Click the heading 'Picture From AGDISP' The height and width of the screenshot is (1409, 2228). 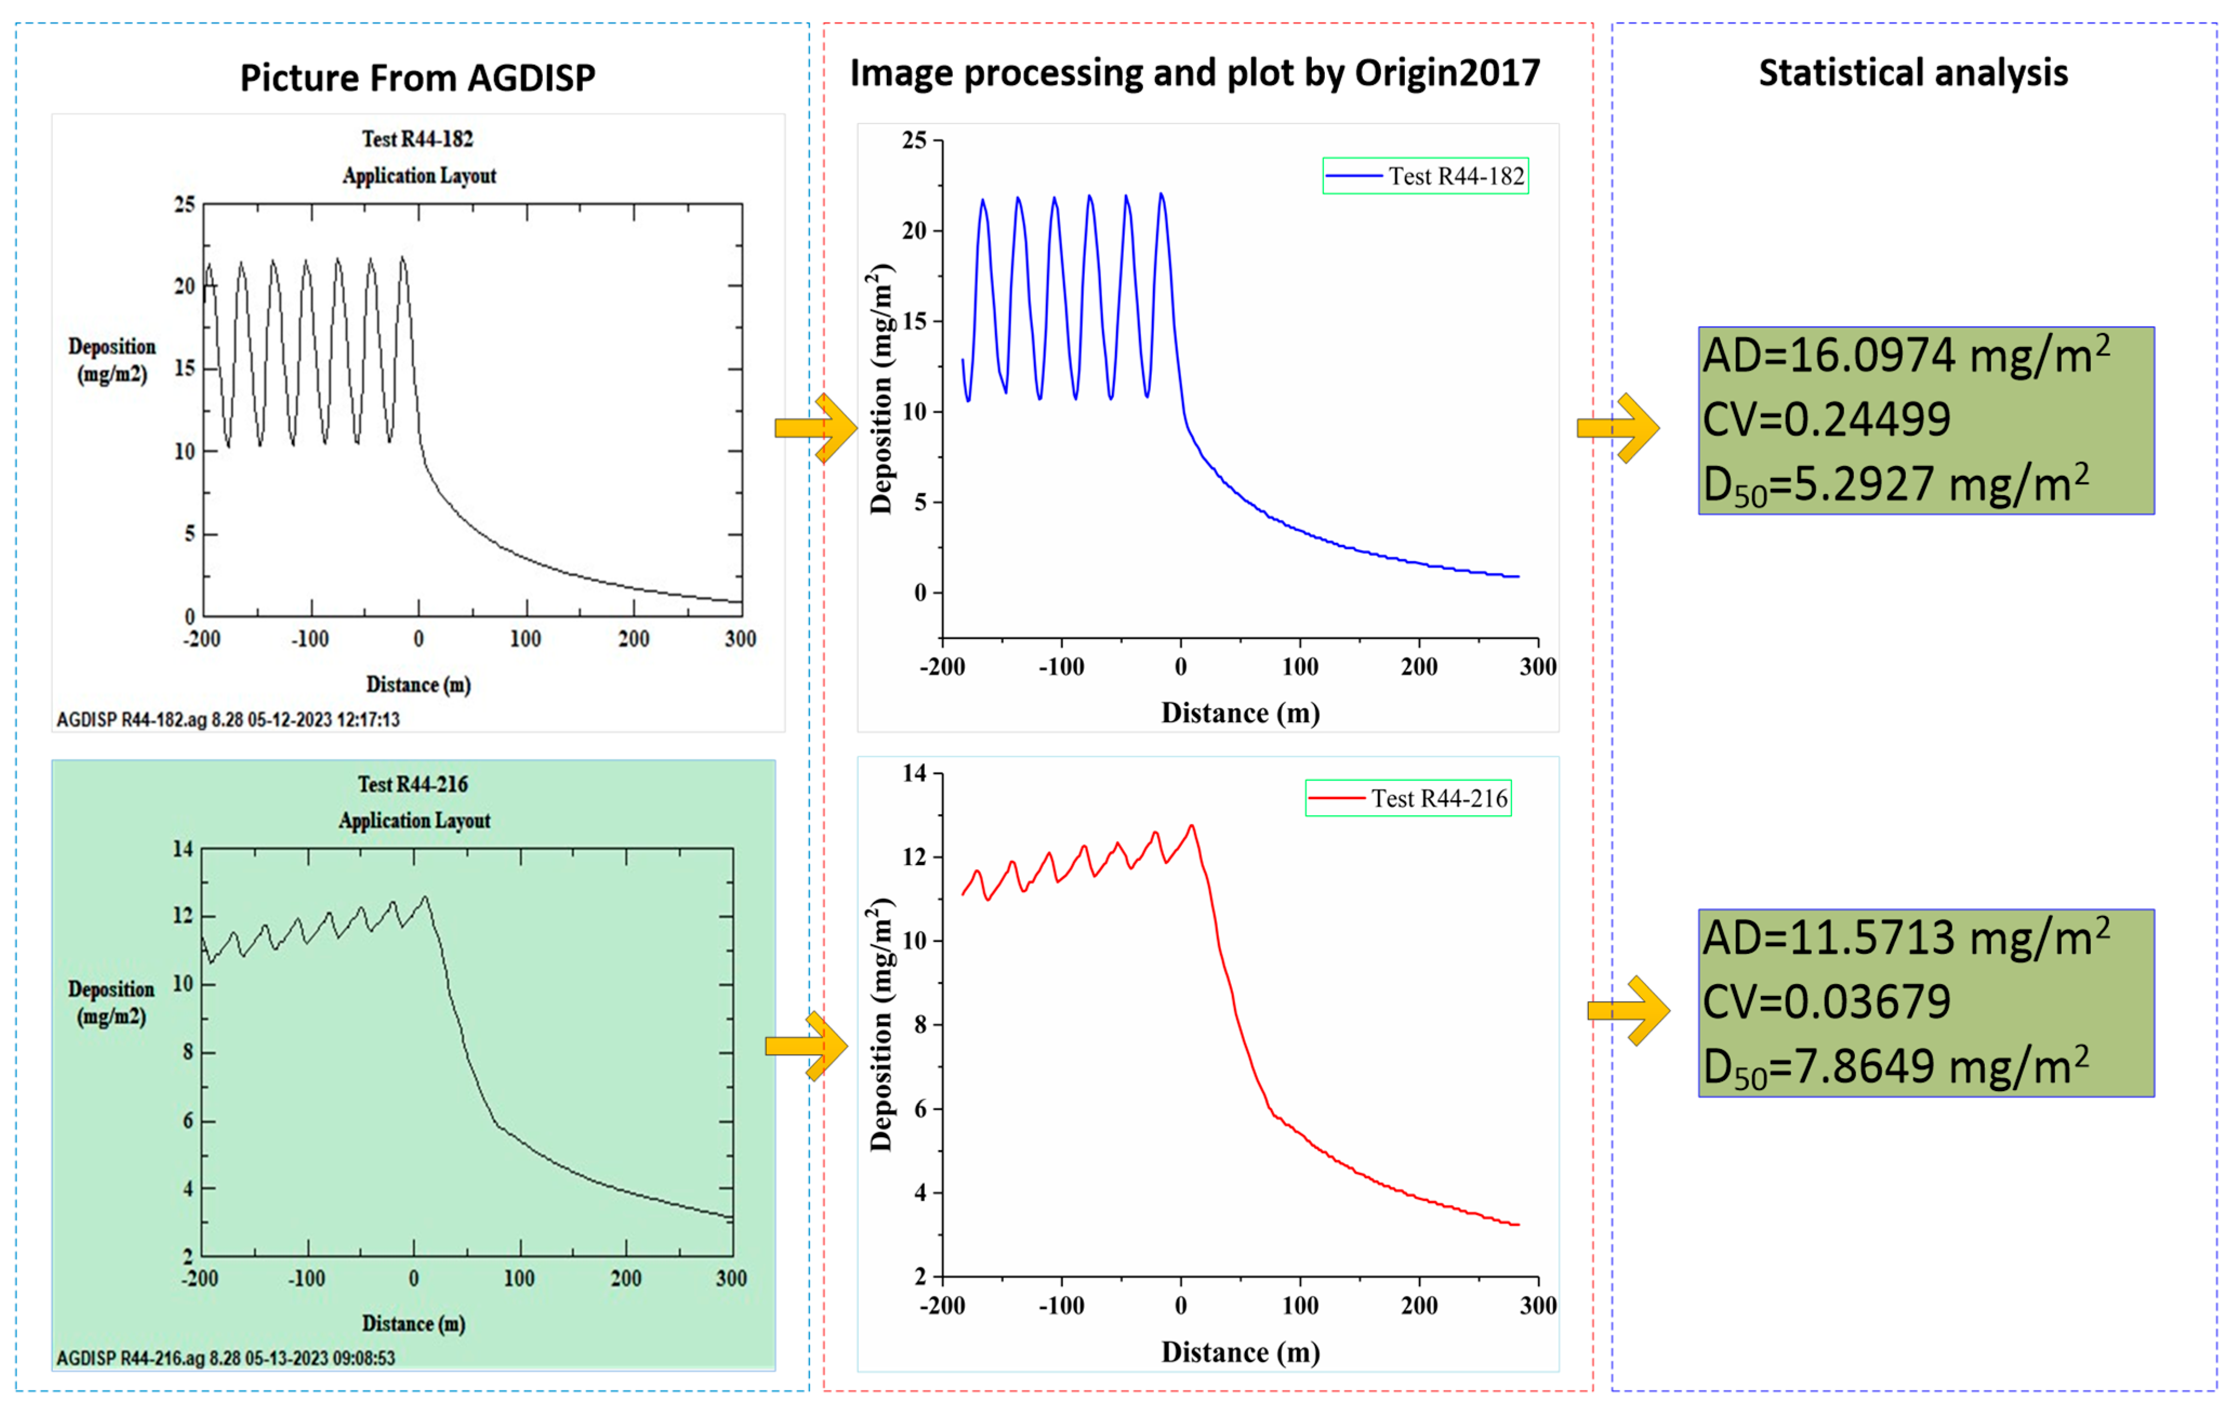(417, 78)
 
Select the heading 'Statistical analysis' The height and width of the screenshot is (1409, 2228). (1913, 73)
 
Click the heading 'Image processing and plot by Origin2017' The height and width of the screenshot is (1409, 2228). (1195, 73)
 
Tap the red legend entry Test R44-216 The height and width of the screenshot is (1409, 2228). (1408, 799)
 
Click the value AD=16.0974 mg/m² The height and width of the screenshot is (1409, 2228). (1906, 355)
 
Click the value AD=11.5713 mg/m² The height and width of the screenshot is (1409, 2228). (1906, 938)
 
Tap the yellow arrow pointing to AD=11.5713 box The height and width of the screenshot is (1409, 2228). (1628, 1011)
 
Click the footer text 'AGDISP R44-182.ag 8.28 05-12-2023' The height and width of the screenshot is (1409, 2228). (228, 720)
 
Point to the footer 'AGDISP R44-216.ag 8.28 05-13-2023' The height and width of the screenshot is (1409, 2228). (226, 1358)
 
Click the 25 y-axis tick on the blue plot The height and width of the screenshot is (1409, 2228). (914, 141)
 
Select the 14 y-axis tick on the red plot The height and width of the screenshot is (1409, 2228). (914, 773)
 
